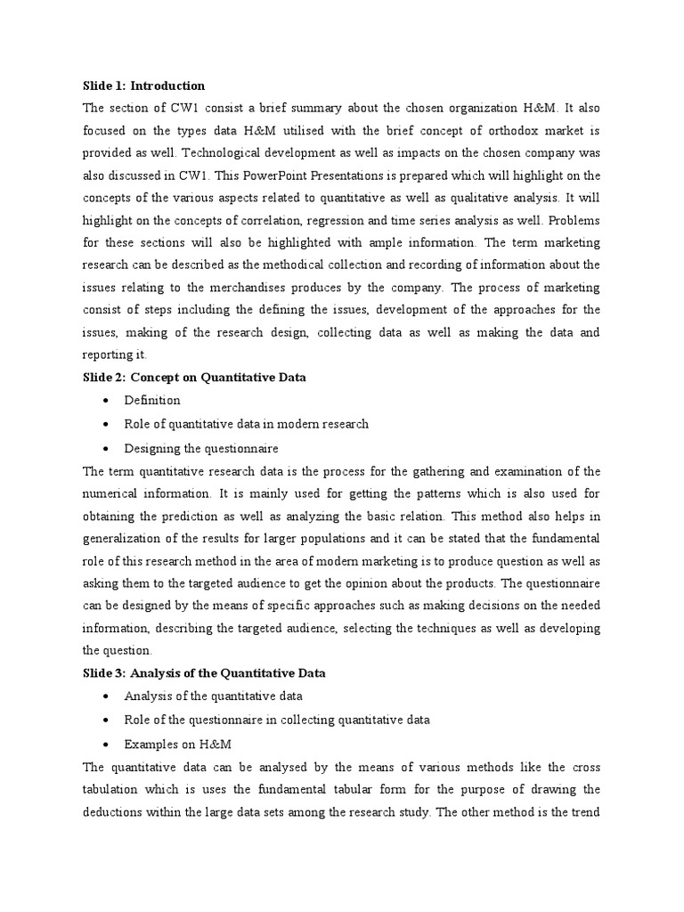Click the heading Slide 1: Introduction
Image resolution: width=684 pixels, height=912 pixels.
(x=143, y=85)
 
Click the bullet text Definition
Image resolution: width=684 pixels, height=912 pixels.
(x=152, y=400)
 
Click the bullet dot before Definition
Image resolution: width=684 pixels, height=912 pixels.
(x=107, y=401)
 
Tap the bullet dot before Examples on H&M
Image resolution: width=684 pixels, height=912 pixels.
(x=107, y=744)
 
